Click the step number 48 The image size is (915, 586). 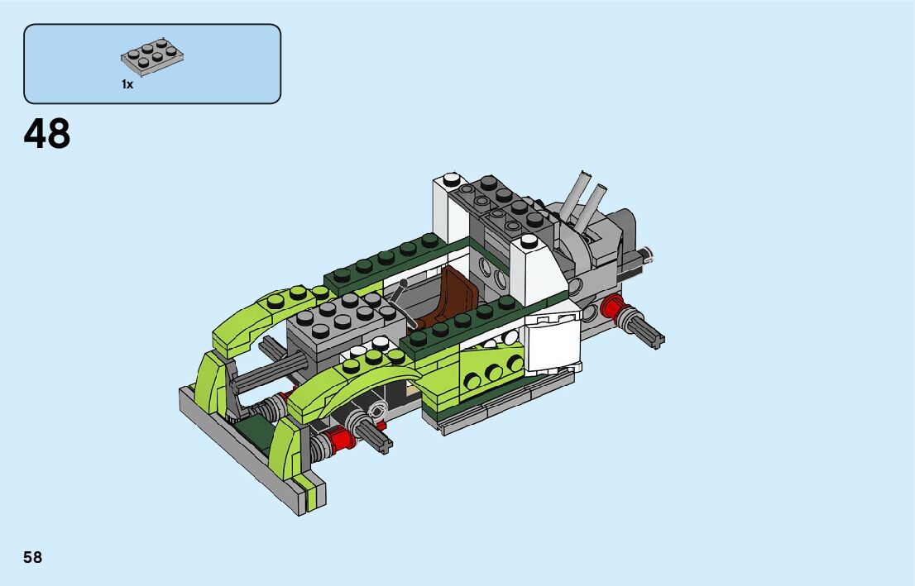coord(46,134)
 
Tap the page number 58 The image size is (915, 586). coord(33,557)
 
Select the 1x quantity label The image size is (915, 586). coord(127,84)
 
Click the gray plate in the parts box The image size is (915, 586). coord(152,57)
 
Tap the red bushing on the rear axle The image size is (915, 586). coord(613,306)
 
